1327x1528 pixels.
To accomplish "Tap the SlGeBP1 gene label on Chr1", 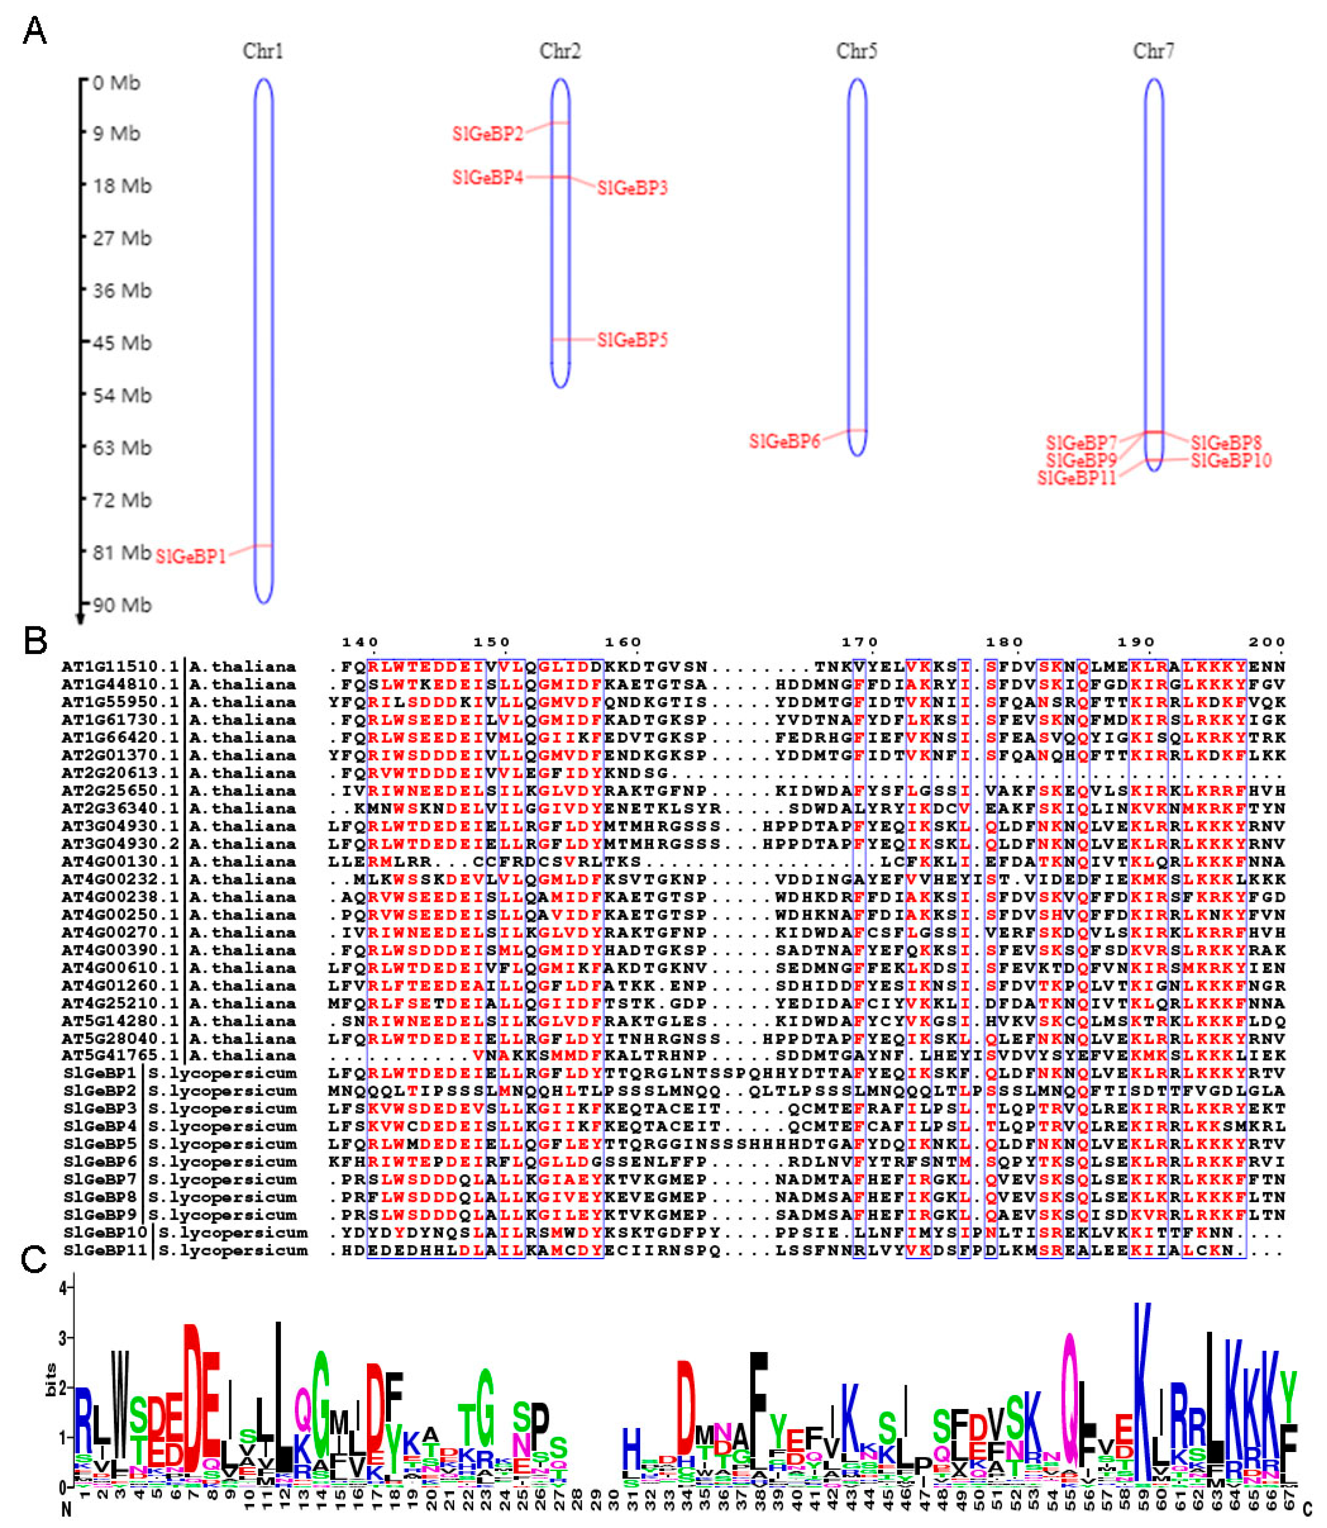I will point(190,556).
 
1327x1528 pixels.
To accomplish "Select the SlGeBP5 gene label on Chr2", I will point(632,340).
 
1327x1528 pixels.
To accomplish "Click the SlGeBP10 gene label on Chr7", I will point(1231,460).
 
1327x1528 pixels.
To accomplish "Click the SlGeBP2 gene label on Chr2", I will point(487,133).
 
